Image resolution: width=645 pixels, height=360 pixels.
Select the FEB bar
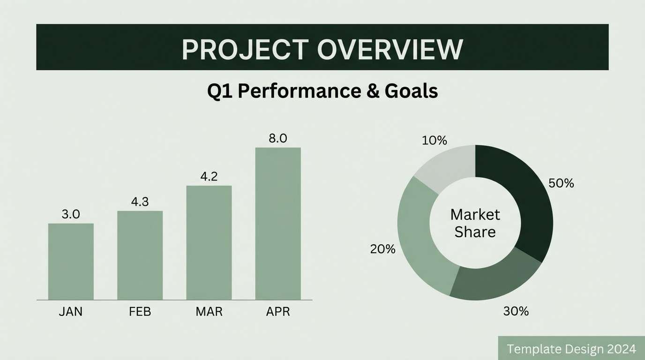click(140, 255)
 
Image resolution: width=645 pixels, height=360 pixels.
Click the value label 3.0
click(71, 214)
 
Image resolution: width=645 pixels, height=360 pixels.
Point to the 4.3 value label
click(140, 202)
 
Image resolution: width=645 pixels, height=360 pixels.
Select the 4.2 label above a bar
click(209, 177)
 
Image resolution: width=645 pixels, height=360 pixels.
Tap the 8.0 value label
click(278, 139)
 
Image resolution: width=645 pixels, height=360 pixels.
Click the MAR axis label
click(209, 312)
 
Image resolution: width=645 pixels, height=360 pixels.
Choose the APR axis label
click(278, 312)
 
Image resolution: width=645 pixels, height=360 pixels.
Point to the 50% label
click(561, 183)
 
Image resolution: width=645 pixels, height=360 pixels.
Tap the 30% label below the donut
click(516, 311)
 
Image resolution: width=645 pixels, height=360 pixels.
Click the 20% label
click(382, 249)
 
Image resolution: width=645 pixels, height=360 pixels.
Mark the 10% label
click(434, 140)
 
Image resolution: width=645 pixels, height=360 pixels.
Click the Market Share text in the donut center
click(475, 223)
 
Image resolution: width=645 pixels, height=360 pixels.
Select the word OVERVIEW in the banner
click(390, 49)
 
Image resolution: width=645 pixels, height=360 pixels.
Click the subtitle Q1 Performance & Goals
click(322, 91)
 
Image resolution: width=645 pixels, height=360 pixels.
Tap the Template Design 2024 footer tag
click(571, 349)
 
